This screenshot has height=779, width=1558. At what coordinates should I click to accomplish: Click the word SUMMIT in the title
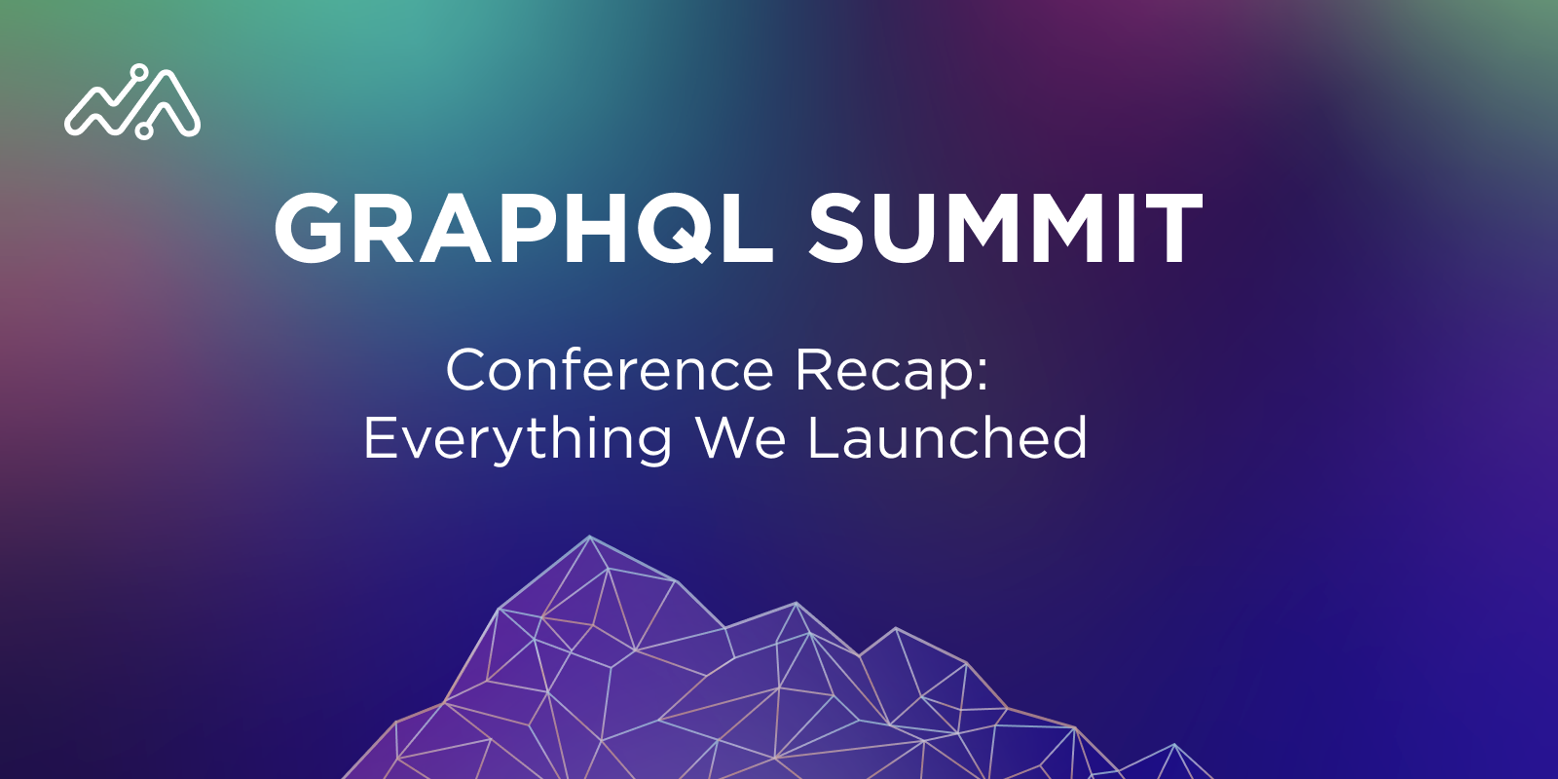pos(1005,228)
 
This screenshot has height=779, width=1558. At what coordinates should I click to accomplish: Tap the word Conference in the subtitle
pos(610,371)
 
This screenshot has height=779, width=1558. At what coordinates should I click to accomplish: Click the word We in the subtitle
pos(741,437)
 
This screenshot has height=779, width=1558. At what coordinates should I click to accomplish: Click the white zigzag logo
pos(132,102)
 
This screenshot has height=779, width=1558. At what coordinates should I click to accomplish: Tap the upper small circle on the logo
pos(139,72)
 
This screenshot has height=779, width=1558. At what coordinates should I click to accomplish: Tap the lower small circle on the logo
pos(144,130)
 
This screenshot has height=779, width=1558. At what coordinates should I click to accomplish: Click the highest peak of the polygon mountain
pos(590,537)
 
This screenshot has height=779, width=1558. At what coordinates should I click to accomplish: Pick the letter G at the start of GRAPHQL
pos(309,228)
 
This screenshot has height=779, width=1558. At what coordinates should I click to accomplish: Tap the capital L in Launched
pos(823,437)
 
